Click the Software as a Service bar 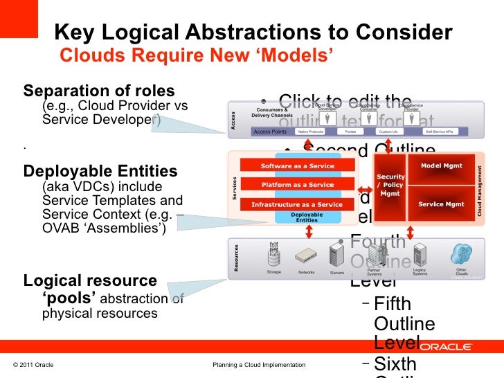[296, 166]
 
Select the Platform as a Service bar [296, 185]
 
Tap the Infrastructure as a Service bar [296, 205]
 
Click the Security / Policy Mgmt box [390, 185]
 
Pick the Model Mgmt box [441, 166]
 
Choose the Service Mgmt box [441, 204]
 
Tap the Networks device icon [306, 257]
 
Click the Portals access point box [350, 131]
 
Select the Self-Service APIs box [438, 131]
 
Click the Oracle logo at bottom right [446, 346]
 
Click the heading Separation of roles [99, 91]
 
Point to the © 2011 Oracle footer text [33, 365]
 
